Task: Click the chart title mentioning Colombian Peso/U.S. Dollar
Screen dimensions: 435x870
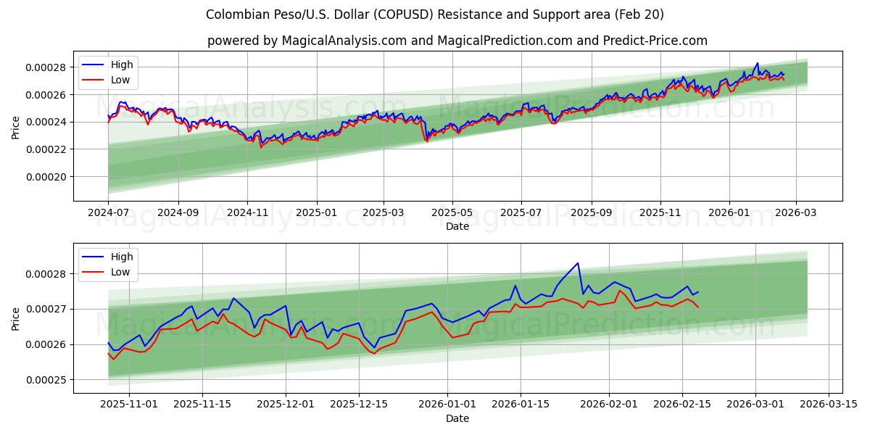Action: [x=435, y=14]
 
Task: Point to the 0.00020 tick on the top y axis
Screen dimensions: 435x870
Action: [x=46, y=177]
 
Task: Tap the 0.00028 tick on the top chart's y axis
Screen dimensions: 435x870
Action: [x=46, y=67]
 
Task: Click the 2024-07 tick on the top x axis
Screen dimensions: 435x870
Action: [x=108, y=212]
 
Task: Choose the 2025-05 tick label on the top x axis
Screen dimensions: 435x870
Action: [x=452, y=212]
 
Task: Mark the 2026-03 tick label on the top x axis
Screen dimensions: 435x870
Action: [x=796, y=212]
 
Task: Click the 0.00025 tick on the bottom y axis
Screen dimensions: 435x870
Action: [x=46, y=380]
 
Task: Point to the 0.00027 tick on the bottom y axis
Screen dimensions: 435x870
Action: [x=46, y=309]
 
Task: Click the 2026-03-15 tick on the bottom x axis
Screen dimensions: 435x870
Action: [x=827, y=405]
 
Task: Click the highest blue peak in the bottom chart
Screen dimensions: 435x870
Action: [x=578, y=263]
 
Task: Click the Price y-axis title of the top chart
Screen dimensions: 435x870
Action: [x=16, y=127]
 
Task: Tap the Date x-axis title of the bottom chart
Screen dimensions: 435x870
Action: [x=457, y=418]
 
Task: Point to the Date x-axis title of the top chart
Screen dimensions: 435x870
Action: [x=457, y=226]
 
